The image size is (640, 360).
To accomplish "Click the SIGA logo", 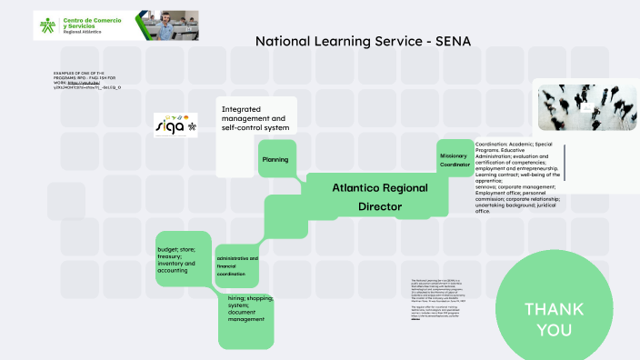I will pos(175,125).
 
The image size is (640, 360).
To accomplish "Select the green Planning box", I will pos(275,159).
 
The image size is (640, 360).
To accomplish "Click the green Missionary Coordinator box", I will pos(454,160).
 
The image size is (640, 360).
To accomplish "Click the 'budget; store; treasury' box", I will pos(184,260).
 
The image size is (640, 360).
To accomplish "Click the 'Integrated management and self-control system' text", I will pos(254,118).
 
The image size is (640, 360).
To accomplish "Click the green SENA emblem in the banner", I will pos(46,25).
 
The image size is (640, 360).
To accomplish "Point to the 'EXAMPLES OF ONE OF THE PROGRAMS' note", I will pos(87,79).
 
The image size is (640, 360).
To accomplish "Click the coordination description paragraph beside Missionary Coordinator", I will pos(519,177).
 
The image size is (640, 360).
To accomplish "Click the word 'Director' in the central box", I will pos(380,206).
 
